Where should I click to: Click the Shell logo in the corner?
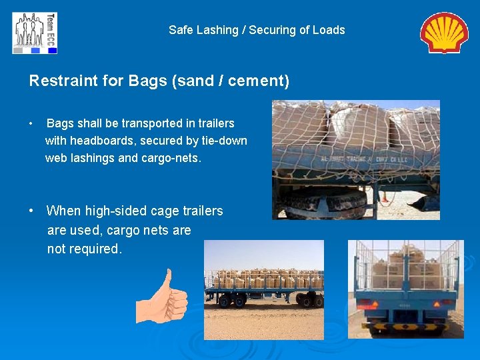tap(444, 33)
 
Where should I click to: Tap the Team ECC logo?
tap(35, 33)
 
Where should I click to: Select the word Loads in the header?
tap(329, 30)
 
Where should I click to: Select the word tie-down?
tap(224, 141)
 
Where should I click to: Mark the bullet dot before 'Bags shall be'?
tap(31, 124)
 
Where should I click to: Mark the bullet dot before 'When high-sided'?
tap(32, 211)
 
